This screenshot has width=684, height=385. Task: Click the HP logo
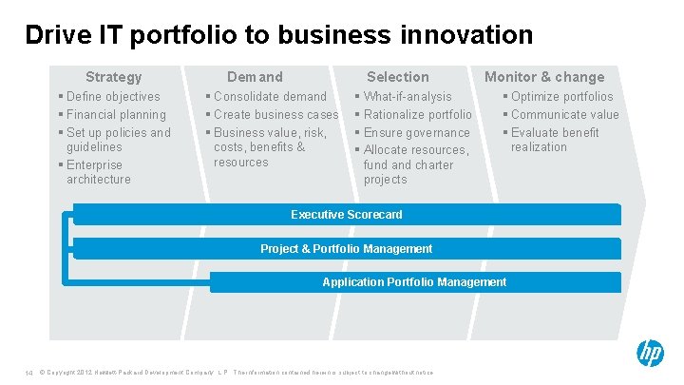click(650, 354)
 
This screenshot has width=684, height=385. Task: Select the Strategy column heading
click(113, 77)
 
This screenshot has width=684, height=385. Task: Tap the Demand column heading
click(255, 77)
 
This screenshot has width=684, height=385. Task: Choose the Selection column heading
click(397, 77)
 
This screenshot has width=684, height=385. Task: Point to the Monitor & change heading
click(544, 77)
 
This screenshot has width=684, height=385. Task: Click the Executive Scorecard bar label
click(346, 215)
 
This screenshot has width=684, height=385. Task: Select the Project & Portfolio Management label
click(346, 249)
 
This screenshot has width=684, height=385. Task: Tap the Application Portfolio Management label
click(414, 282)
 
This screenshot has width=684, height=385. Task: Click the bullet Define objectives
click(113, 96)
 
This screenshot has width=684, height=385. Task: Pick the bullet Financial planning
click(116, 114)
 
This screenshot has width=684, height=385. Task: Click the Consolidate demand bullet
click(270, 96)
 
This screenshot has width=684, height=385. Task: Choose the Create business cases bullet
click(275, 114)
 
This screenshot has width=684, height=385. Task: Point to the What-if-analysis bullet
click(408, 96)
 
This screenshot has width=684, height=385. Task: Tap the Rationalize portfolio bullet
click(417, 114)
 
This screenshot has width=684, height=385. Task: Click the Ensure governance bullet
click(416, 132)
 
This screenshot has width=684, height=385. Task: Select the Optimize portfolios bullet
click(561, 96)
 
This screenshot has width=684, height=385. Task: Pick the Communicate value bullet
click(564, 114)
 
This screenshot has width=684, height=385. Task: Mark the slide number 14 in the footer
click(29, 372)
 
